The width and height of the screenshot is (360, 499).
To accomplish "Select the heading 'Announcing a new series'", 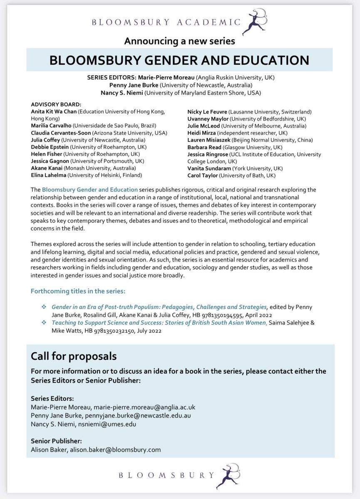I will [x=180, y=41].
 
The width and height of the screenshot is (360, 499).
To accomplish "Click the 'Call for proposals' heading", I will [x=73, y=356].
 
